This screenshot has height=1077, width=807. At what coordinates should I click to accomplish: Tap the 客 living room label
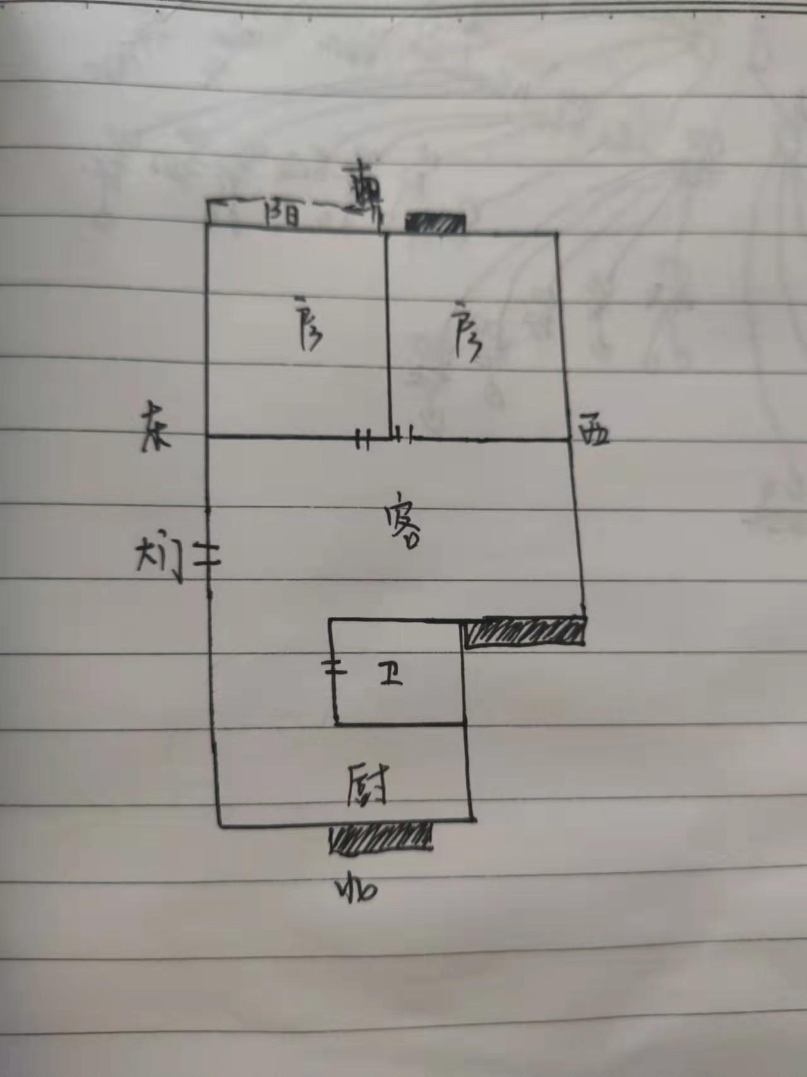[x=404, y=527]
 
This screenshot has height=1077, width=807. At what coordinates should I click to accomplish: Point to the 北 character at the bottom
[x=356, y=890]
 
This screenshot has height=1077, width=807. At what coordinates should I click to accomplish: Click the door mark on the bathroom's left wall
[x=334, y=669]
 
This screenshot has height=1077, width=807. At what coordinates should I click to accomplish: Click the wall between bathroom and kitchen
[x=400, y=724]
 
